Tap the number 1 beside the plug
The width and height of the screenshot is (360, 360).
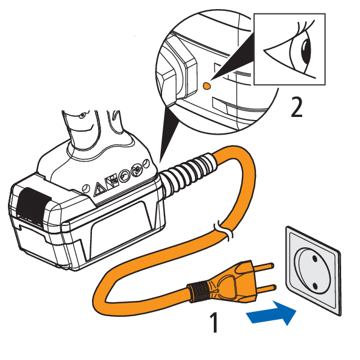214,322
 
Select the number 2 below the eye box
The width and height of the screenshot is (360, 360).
297,107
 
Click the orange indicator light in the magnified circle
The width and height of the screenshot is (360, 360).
206,86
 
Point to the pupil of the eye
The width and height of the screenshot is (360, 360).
306,51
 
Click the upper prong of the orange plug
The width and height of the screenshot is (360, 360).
263,267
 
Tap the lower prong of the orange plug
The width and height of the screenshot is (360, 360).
266,288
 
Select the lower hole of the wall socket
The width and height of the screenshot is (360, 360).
315,286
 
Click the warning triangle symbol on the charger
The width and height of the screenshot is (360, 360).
99,189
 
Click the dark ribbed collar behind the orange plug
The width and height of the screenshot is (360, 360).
198,292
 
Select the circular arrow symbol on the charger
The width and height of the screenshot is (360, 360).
125,175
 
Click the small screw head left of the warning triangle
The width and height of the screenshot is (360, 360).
85,188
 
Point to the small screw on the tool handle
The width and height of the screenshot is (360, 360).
82,116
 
